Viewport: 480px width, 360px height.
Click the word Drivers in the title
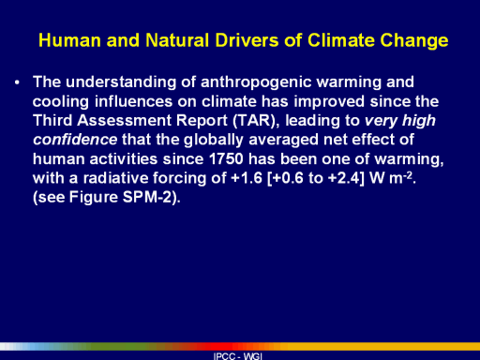247,40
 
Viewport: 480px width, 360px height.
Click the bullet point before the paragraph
17,82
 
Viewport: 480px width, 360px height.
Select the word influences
133,101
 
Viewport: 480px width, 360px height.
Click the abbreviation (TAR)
256,121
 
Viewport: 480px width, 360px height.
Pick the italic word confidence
75,140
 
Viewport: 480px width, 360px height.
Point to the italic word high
419,121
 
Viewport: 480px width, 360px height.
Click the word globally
214,141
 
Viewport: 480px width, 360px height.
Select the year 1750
226,159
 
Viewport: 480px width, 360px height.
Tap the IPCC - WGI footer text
238,356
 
